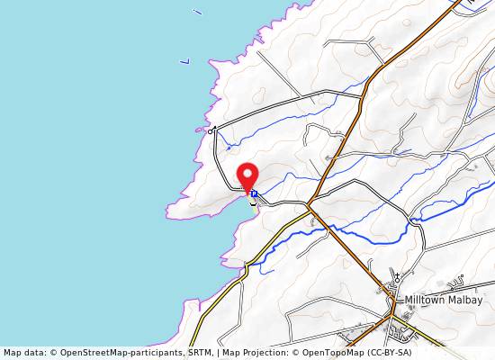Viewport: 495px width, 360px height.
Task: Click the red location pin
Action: (x=247, y=175)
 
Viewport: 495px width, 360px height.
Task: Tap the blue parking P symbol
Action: (x=254, y=193)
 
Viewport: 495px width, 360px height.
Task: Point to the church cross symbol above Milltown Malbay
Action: (x=396, y=277)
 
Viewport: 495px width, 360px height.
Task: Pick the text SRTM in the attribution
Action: (x=201, y=353)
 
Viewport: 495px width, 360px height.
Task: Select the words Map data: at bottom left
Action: (x=25, y=353)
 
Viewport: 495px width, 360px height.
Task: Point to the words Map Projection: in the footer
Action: (x=259, y=353)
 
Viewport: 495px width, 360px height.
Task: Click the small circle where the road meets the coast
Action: (x=211, y=130)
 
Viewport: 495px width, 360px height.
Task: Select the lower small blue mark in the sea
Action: (x=184, y=61)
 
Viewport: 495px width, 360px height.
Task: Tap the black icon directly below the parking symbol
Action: (x=253, y=202)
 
